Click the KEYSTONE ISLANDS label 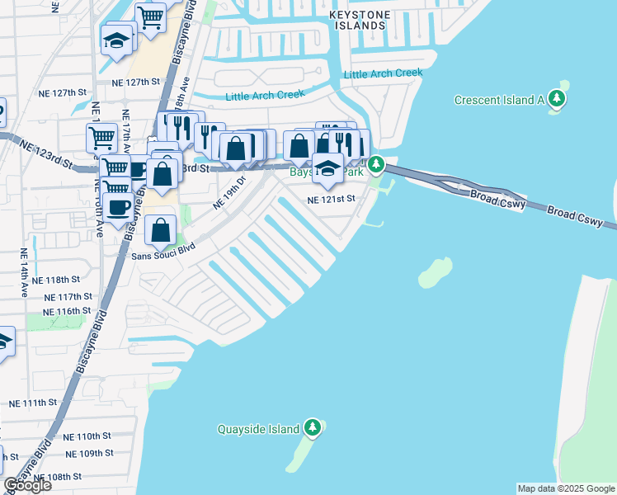(x=356, y=20)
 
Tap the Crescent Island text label (x=500, y=100)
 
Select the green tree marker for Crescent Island (x=558, y=100)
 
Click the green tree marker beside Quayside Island (x=312, y=427)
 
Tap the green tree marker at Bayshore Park (x=376, y=165)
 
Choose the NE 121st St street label (x=331, y=199)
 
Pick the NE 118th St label (x=63, y=280)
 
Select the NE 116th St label (x=63, y=310)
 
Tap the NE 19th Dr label (x=230, y=192)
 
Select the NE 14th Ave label (x=24, y=272)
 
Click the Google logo (x=27, y=485)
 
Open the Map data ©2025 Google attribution (x=565, y=488)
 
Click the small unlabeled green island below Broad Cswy (x=435, y=273)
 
